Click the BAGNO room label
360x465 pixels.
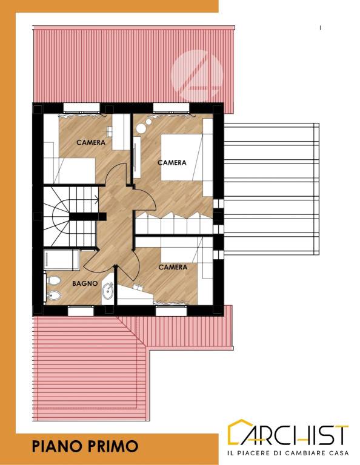(x=85, y=283)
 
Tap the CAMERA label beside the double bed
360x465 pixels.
(x=172, y=162)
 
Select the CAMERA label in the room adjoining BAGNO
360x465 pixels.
(x=173, y=267)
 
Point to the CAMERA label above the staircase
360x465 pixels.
(x=91, y=142)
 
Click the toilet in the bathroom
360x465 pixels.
(x=53, y=280)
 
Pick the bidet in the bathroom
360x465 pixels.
(x=54, y=295)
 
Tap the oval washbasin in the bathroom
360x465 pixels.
(x=107, y=291)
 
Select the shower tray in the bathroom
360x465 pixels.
(x=61, y=260)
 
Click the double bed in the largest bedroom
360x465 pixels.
(x=182, y=157)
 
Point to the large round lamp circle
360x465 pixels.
(x=141, y=128)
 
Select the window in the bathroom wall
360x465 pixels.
(x=81, y=311)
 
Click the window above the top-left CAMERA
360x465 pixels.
(x=81, y=107)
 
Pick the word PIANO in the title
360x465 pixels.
(x=53, y=446)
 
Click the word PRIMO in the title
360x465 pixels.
(x=109, y=446)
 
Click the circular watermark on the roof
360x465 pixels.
(x=197, y=74)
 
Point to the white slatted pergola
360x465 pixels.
(x=272, y=189)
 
